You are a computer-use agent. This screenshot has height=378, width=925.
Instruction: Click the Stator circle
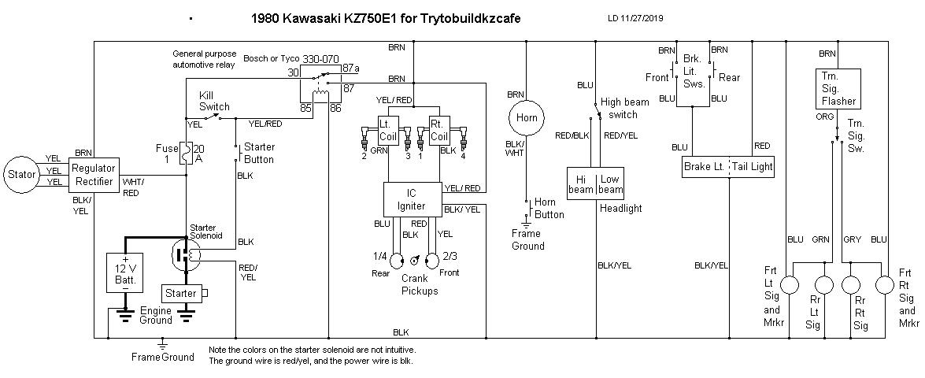tap(22, 174)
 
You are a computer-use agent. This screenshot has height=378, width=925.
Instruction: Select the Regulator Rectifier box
tap(93, 175)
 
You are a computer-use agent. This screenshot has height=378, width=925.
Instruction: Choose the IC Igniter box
tap(413, 199)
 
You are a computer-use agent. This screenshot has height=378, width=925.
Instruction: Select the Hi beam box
tap(582, 184)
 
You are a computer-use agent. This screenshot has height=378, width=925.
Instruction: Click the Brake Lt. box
tap(705, 167)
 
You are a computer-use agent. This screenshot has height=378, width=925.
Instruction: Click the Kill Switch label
tap(214, 100)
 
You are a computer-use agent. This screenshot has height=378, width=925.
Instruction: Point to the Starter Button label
tap(259, 154)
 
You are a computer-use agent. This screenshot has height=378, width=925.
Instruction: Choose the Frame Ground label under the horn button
tap(527, 240)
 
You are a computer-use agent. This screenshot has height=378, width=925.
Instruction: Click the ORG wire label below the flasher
tap(824, 115)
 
